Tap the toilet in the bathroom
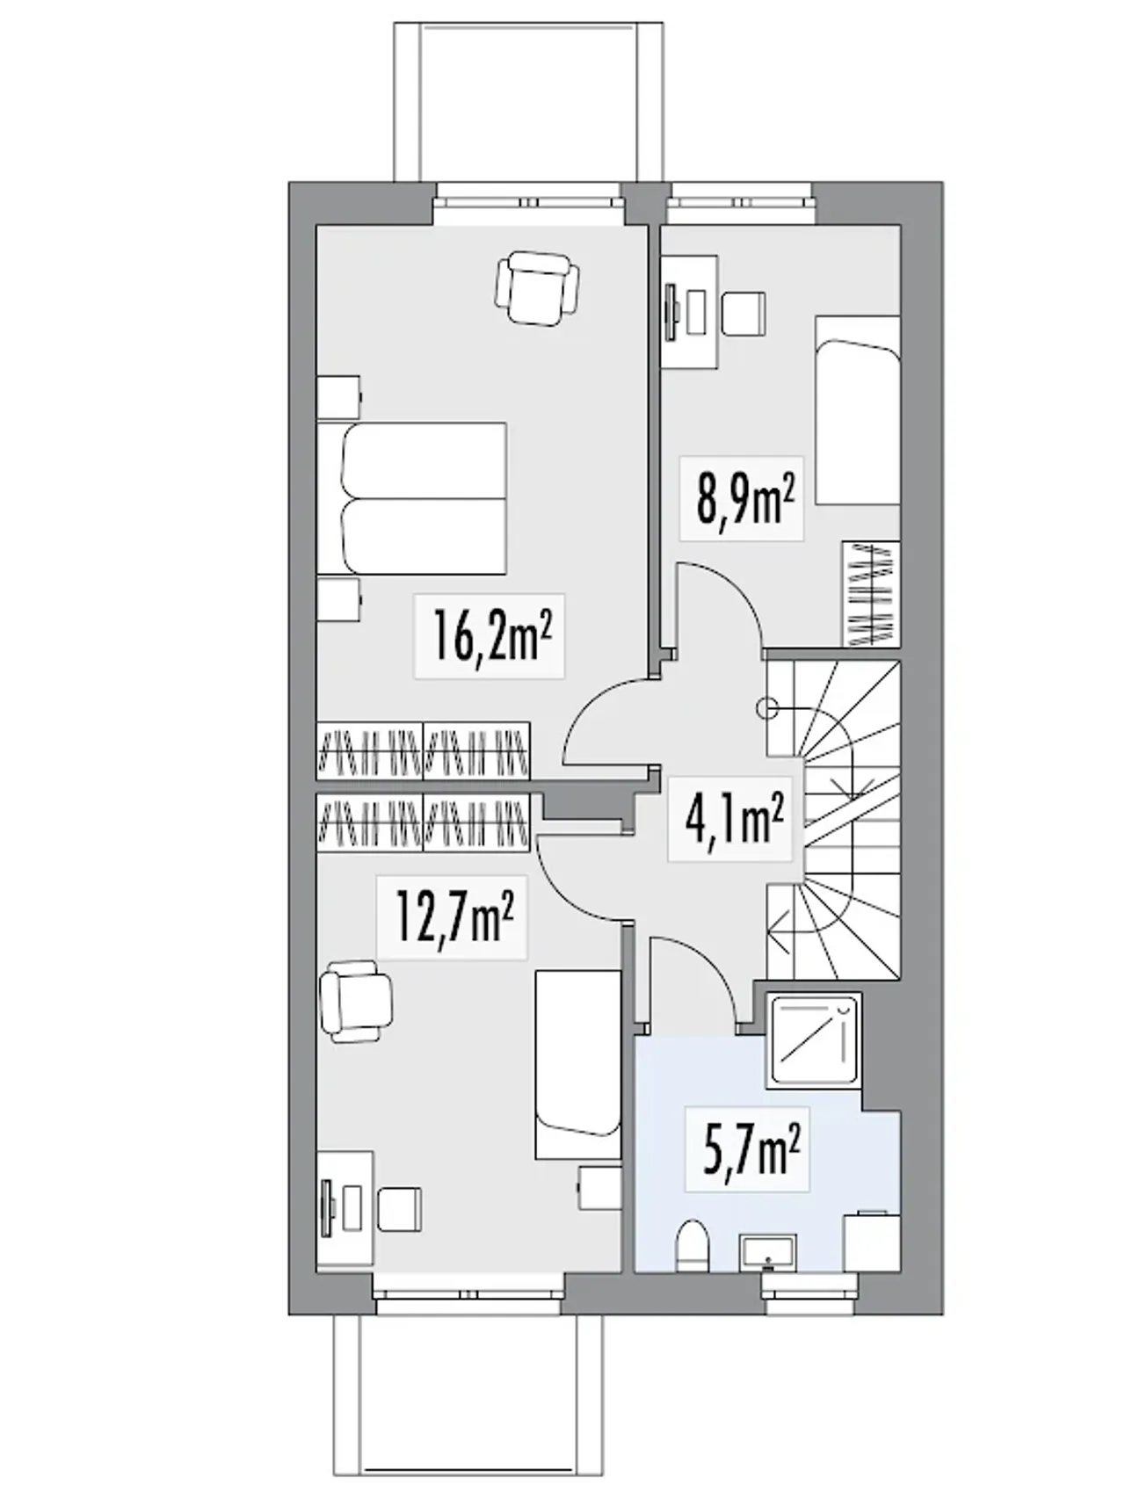tap(694, 1245)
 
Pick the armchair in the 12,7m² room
tap(356, 1002)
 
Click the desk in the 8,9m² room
tap(690, 312)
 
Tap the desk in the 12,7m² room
tap(345, 1208)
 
